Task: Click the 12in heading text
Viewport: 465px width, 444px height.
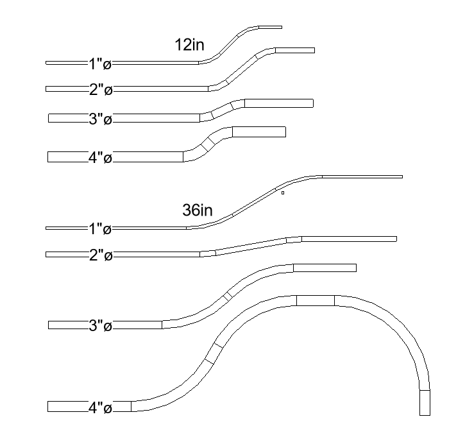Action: [x=190, y=45]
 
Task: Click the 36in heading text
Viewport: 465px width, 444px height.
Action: [x=198, y=210]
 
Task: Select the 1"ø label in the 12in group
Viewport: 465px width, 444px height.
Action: [x=100, y=64]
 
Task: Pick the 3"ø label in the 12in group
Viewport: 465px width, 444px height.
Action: [x=100, y=119]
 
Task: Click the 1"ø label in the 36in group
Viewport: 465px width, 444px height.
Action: [x=100, y=228]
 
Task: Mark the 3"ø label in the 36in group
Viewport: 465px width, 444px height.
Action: [x=100, y=326]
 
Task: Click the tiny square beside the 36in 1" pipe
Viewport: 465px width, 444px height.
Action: [x=282, y=192]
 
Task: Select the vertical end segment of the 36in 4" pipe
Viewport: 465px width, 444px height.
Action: [x=425, y=402]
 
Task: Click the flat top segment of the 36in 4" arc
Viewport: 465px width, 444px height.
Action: [x=315, y=300]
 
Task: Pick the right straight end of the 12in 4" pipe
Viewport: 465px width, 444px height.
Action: [x=258, y=132]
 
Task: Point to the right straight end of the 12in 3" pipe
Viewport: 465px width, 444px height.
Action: [x=279, y=103]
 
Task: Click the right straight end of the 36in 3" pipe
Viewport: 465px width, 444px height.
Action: [x=325, y=268]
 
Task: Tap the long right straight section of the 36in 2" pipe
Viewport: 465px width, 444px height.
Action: [x=349, y=239]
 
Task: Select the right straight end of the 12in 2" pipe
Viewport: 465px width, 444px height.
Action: [x=295, y=50]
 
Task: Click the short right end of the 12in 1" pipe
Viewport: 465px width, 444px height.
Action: [x=270, y=27]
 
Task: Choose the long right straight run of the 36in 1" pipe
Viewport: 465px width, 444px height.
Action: [x=362, y=176]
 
